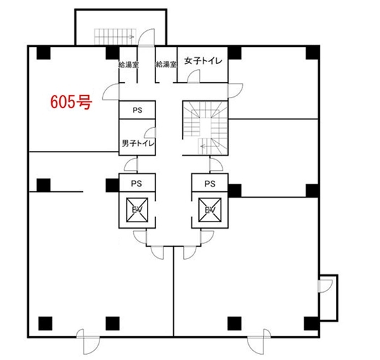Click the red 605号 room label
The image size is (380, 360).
(71, 102)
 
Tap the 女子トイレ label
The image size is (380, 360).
(203, 61)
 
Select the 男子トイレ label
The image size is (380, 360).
(138, 143)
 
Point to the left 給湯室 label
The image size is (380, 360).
(128, 65)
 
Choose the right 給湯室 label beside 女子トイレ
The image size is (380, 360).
(166, 65)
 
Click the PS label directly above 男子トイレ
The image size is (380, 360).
(138, 110)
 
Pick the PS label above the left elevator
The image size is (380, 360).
(136, 184)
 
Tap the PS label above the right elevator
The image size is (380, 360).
(210, 184)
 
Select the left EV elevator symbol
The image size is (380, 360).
(137, 210)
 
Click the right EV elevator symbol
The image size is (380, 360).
(210, 210)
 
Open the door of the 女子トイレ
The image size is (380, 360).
(194, 76)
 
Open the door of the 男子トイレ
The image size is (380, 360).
(150, 133)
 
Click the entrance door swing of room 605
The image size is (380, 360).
(111, 92)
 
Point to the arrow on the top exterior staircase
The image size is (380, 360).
(131, 37)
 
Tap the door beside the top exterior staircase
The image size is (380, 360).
(146, 37)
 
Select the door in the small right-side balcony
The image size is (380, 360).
(325, 286)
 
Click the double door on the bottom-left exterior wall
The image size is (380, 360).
(88, 342)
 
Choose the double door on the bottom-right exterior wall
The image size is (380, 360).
(259, 342)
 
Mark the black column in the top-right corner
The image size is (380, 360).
(313, 53)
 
